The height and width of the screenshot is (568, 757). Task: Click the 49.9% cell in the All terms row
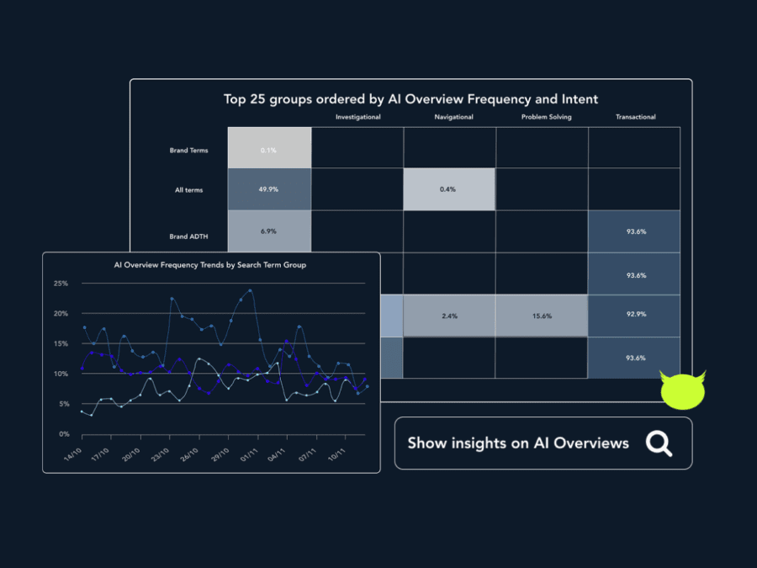(269, 189)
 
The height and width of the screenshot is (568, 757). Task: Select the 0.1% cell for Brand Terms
(269, 150)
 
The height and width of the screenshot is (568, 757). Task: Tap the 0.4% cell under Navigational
(448, 189)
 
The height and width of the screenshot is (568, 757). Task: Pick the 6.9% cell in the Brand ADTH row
(269, 231)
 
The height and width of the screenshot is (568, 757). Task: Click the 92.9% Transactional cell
(636, 316)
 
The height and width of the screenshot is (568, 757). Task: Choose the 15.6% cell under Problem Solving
(542, 316)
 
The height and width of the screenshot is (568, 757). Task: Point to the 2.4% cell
(448, 316)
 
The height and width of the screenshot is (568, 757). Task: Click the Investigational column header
(357, 117)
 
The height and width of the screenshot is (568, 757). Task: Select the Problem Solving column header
(546, 117)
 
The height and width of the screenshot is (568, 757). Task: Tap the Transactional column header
(635, 117)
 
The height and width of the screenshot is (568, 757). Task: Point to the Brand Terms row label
(188, 151)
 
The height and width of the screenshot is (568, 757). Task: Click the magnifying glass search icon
(659, 443)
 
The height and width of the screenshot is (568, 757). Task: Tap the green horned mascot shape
(682, 390)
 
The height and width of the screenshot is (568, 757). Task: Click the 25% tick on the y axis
(61, 284)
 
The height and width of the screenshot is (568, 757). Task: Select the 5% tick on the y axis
(63, 404)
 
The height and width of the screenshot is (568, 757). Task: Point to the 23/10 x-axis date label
(161, 455)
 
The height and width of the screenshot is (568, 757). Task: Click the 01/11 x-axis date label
(249, 455)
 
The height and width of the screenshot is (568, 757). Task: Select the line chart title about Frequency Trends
(210, 264)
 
